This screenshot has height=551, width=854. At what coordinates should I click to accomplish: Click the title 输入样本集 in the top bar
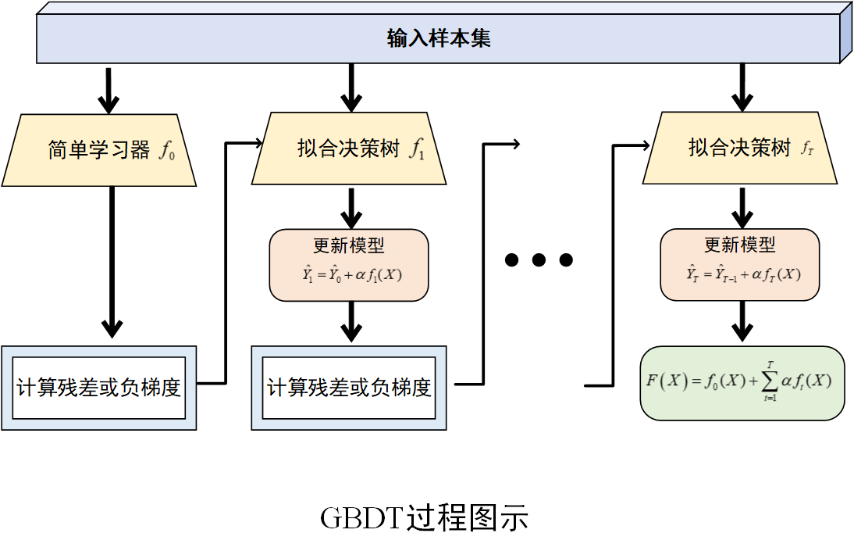pyautogui.click(x=439, y=38)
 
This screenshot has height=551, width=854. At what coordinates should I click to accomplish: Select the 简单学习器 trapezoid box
pyautogui.click(x=98, y=149)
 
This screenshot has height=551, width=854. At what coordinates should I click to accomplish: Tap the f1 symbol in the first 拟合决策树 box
pyautogui.click(x=417, y=149)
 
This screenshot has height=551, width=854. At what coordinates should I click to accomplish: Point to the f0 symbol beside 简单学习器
pyautogui.click(x=167, y=151)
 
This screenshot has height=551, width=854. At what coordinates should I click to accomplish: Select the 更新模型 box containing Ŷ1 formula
pyautogui.click(x=349, y=265)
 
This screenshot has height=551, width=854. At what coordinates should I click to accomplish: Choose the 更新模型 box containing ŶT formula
pyautogui.click(x=740, y=265)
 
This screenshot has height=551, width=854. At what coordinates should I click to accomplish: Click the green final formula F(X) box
pyautogui.click(x=742, y=382)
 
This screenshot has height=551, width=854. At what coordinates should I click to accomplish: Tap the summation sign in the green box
pyautogui.click(x=770, y=381)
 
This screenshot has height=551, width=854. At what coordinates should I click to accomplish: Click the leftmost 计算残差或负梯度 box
pyautogui.click(x=98, y=388)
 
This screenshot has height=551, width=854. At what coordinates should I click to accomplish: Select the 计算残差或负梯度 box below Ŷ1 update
pyautogui.click(x=349, y=388)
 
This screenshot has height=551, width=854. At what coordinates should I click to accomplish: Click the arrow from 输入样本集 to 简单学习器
pyautogui.click(x=109, y=89)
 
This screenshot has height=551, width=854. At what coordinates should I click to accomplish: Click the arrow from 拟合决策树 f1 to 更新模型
pyautogui.click(x=351, y=208)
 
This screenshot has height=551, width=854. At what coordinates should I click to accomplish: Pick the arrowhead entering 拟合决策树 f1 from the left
pyautogui.click(x=258, y=143)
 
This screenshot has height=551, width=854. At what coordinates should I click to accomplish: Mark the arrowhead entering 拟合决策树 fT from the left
pyautogui.click(x=645, y=145)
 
